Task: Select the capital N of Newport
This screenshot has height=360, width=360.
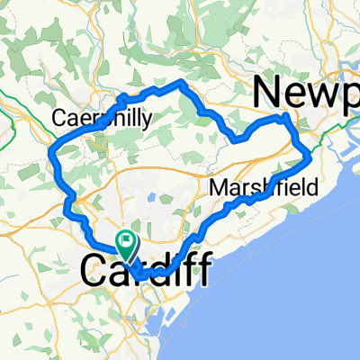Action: tap(269, 93)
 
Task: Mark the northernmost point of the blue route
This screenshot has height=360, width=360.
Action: tap(183, 83)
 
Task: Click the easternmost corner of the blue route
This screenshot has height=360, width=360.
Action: tap(310, 157)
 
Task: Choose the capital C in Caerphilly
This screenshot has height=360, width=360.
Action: tap(58, 118)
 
